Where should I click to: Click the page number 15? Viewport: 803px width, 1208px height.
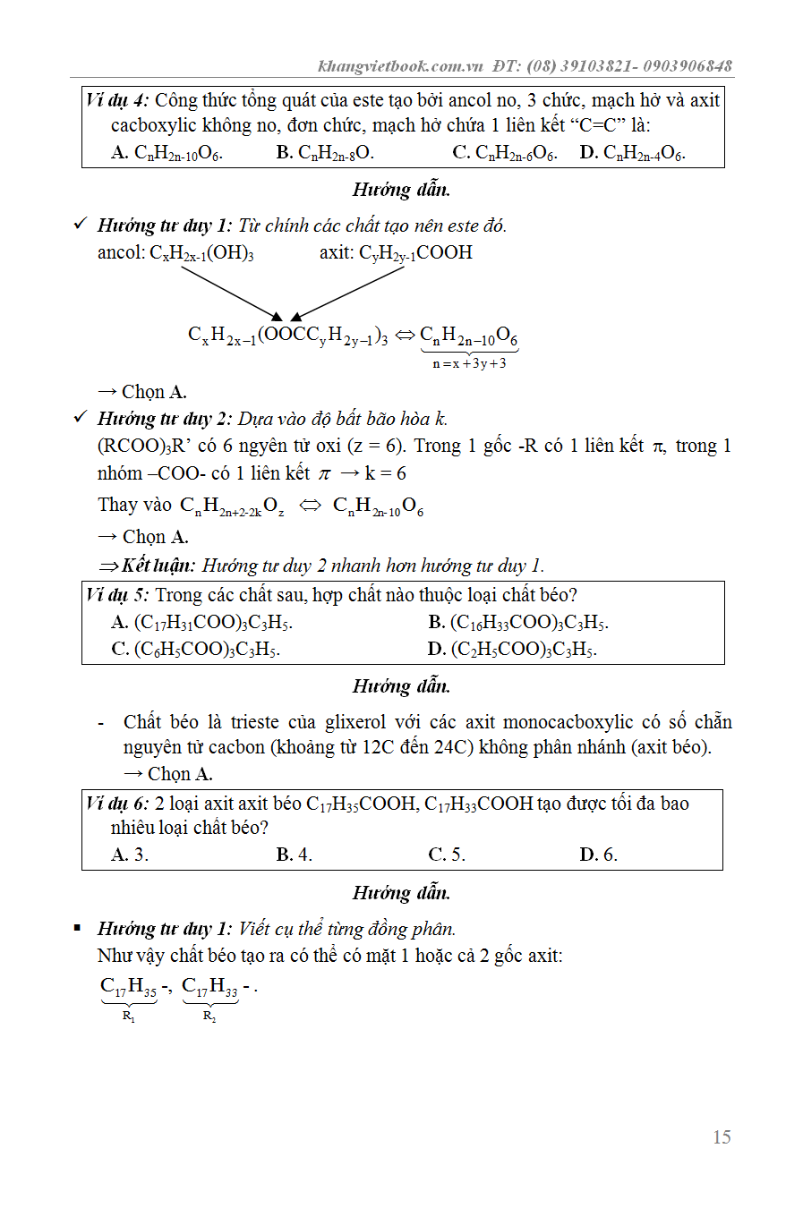[x=722, y=1137]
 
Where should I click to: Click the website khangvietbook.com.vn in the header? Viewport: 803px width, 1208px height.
[x=400, y=66]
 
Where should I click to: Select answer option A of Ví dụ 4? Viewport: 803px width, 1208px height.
[x=167, y=153]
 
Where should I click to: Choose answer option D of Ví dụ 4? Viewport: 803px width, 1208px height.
[x=632, y=153]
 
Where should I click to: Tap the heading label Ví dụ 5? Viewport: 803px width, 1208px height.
[x=117, y=595]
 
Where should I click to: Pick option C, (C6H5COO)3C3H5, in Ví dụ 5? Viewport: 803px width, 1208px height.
[x=195, y=650]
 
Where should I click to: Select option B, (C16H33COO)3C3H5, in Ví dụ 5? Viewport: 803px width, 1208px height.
[x=518, y=623]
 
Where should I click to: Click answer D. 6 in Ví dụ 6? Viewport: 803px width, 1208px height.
[x=598, y=855]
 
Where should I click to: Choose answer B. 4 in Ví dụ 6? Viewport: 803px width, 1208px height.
[x=294, y=855]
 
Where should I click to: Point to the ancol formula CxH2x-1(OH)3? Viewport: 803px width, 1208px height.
[x=201, y=253]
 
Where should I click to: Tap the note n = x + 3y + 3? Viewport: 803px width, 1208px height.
[x=469, y=364]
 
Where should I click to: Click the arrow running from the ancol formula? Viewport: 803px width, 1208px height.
[x=231, y=293]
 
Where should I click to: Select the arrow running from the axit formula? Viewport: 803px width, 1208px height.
[x=347, y=293]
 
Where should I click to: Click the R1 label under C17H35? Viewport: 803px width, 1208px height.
[x=129, y=1017]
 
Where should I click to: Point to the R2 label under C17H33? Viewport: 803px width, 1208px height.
[x=209, y=1017]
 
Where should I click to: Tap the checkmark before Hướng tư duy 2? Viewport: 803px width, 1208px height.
[x=81, y=418]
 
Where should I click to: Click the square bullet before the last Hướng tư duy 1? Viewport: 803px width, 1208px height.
[x=78, y=929]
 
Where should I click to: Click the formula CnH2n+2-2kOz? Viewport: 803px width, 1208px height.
[x=232, y=506]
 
